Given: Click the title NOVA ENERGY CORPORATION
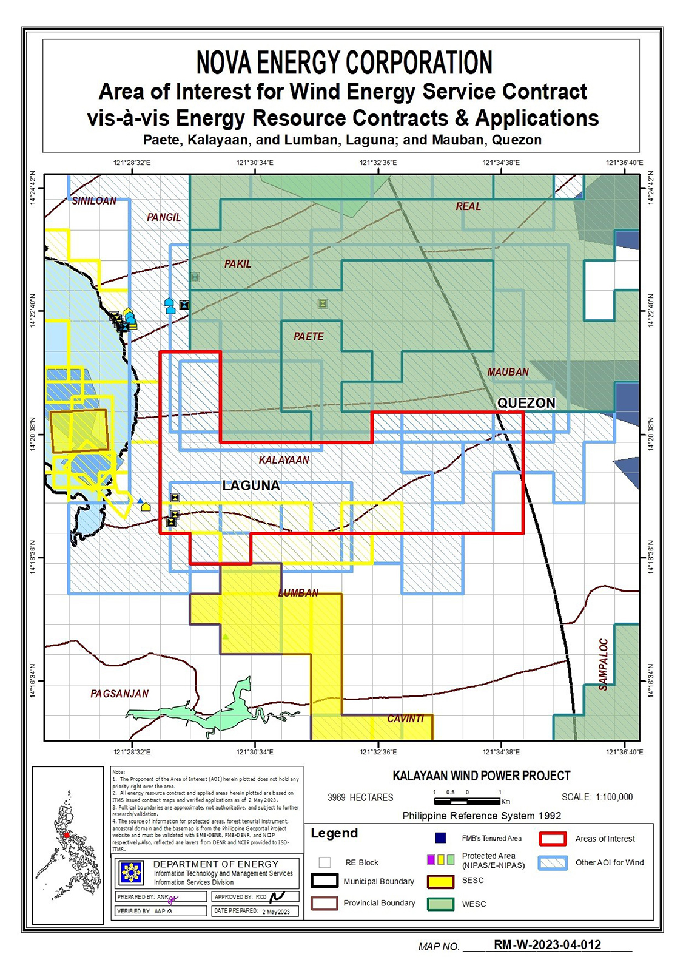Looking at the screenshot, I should tap(344, 63).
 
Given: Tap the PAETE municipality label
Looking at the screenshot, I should tap(309, 336).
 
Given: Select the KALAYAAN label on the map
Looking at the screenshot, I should tap(284, 460).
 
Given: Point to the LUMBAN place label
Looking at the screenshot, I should tap(298, 592).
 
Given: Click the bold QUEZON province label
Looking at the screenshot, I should tap(526, 403).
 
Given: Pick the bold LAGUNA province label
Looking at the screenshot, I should tap(251, 486).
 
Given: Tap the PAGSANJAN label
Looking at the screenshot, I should tap(119, 694).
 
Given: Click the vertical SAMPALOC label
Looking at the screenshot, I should tap(604, 665).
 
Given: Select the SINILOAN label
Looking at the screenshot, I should tap(94, 201).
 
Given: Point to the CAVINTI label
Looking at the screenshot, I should tap(406, 719).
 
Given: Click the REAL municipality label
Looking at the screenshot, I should tap(468, 206).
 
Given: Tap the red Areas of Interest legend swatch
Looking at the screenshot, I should tap(552, 839).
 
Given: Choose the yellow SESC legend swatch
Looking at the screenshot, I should tap(441, 881).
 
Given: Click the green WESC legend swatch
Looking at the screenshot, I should tap(441, 904).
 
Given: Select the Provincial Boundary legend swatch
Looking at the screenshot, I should tap(325, 903).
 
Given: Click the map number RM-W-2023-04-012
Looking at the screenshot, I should tap(547, 945).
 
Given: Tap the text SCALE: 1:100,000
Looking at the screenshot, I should tap(597, 797).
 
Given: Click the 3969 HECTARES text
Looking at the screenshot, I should tap(360, 797).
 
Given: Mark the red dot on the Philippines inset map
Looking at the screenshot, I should tap(66, 835).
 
